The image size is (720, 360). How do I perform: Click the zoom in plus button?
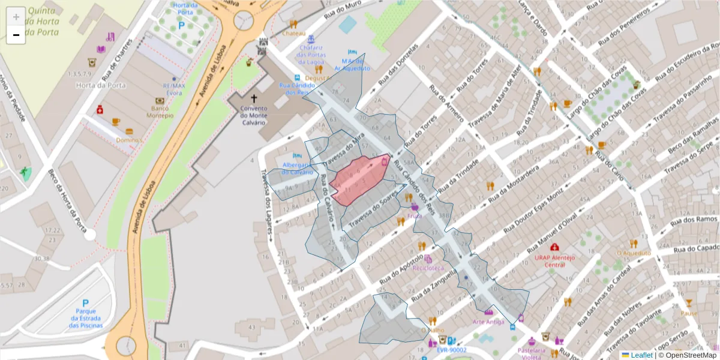(x=16, y=17)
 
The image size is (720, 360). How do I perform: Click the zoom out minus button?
(x=16, y=35)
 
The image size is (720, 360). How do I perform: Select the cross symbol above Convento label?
(x=254, y=98)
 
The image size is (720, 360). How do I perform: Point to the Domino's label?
(x=129, y=140)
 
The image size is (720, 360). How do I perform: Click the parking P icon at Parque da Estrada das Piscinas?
(x=85, y=304)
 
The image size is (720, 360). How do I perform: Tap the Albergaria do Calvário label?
(x=298, y=169)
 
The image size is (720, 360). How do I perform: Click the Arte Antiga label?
(x=488, y=322)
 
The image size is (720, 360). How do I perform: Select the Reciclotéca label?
(x=428, y=268)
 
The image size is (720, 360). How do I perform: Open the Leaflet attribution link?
(x=642, y=355)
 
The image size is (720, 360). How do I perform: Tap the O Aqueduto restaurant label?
(x=633, y=253)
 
